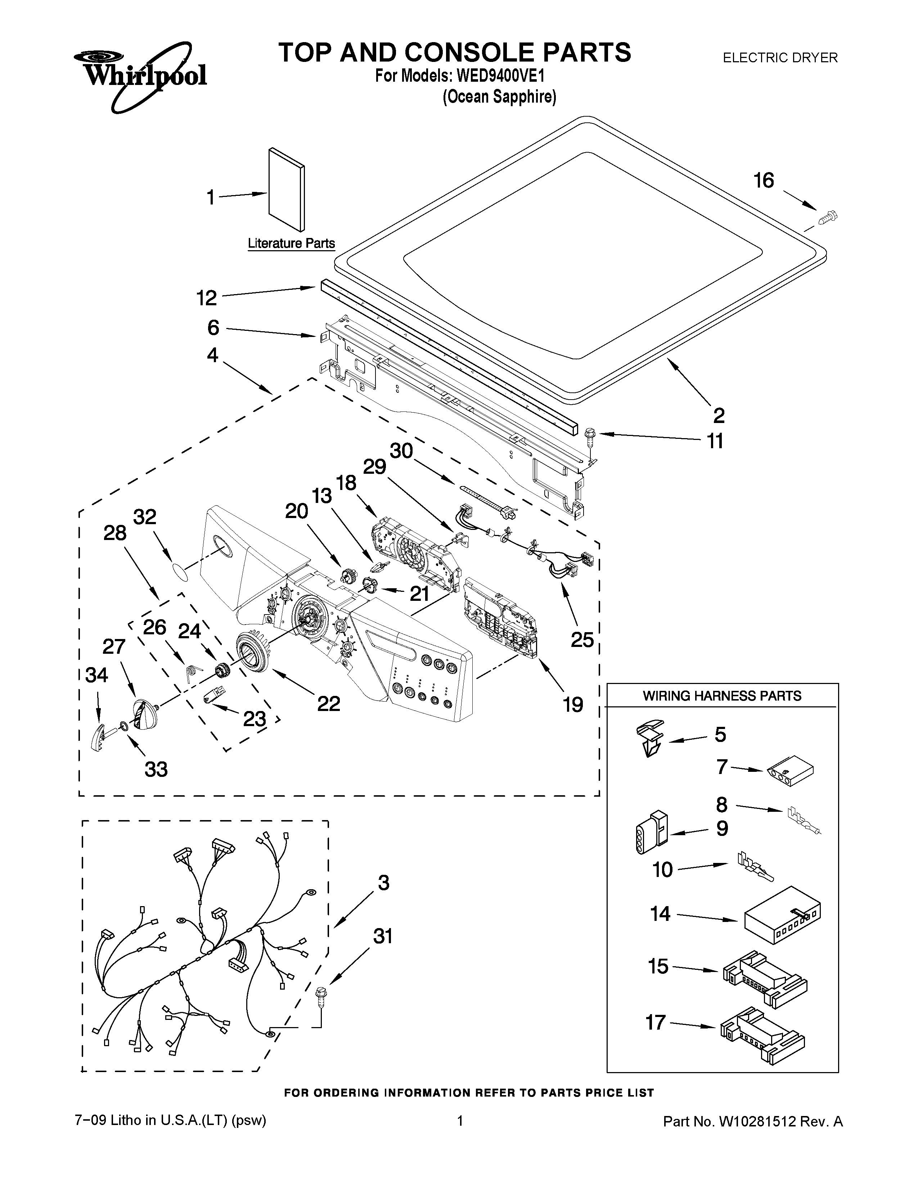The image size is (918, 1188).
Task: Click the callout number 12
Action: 207,298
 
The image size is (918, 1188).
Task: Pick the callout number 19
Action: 573,705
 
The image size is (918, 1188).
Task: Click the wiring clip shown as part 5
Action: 650,738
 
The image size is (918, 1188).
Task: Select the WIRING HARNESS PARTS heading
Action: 722,696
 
